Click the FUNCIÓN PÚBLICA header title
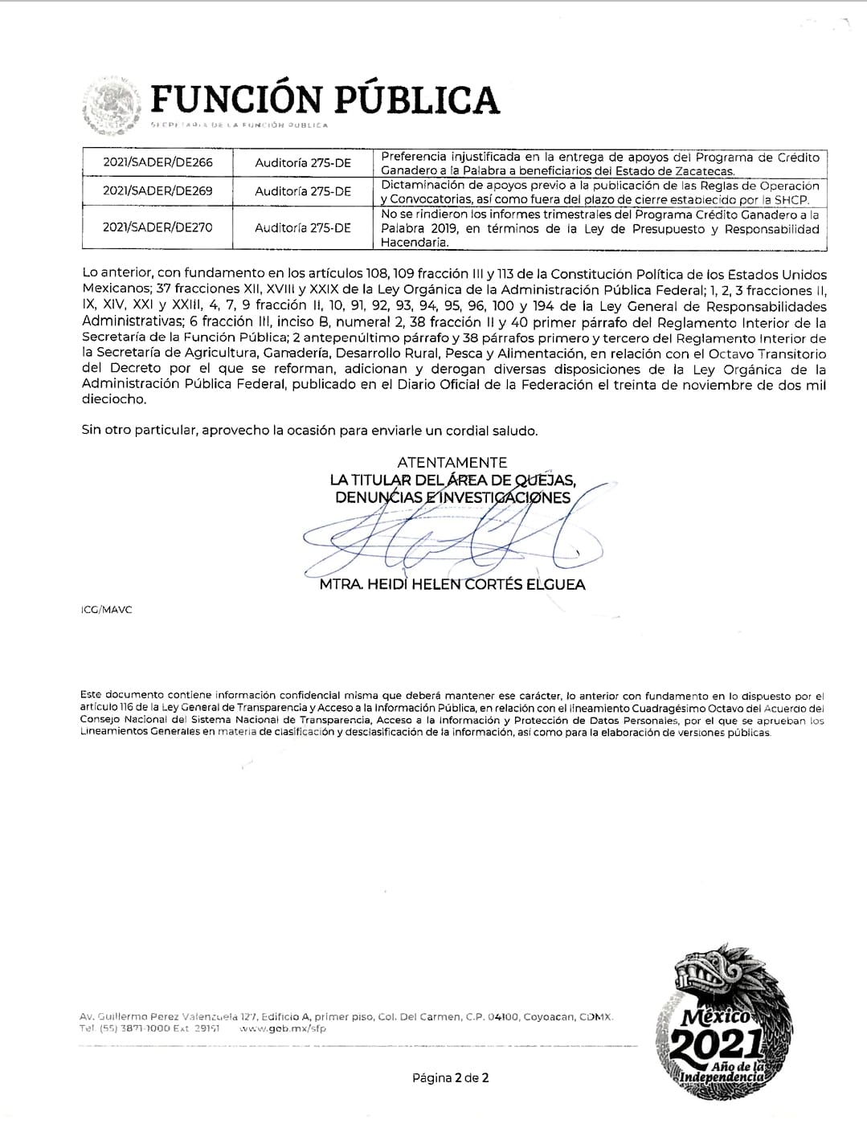coord(325,99)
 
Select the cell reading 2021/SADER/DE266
coord(157,162)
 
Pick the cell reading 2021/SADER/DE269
coord(157,191)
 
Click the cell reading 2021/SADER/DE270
coord(157,227)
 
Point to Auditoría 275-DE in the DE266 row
coord(303,162)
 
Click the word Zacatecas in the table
coord(701,171)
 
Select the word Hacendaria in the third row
coord(409,242)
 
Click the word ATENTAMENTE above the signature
coord(452,462)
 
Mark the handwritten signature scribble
coord(450,542)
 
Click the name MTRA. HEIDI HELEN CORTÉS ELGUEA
coord(452,585)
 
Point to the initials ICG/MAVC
coord(107,610)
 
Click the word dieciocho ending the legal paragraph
coord(113,399)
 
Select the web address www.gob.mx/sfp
coord(283,1028)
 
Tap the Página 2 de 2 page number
coord(450,1077)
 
